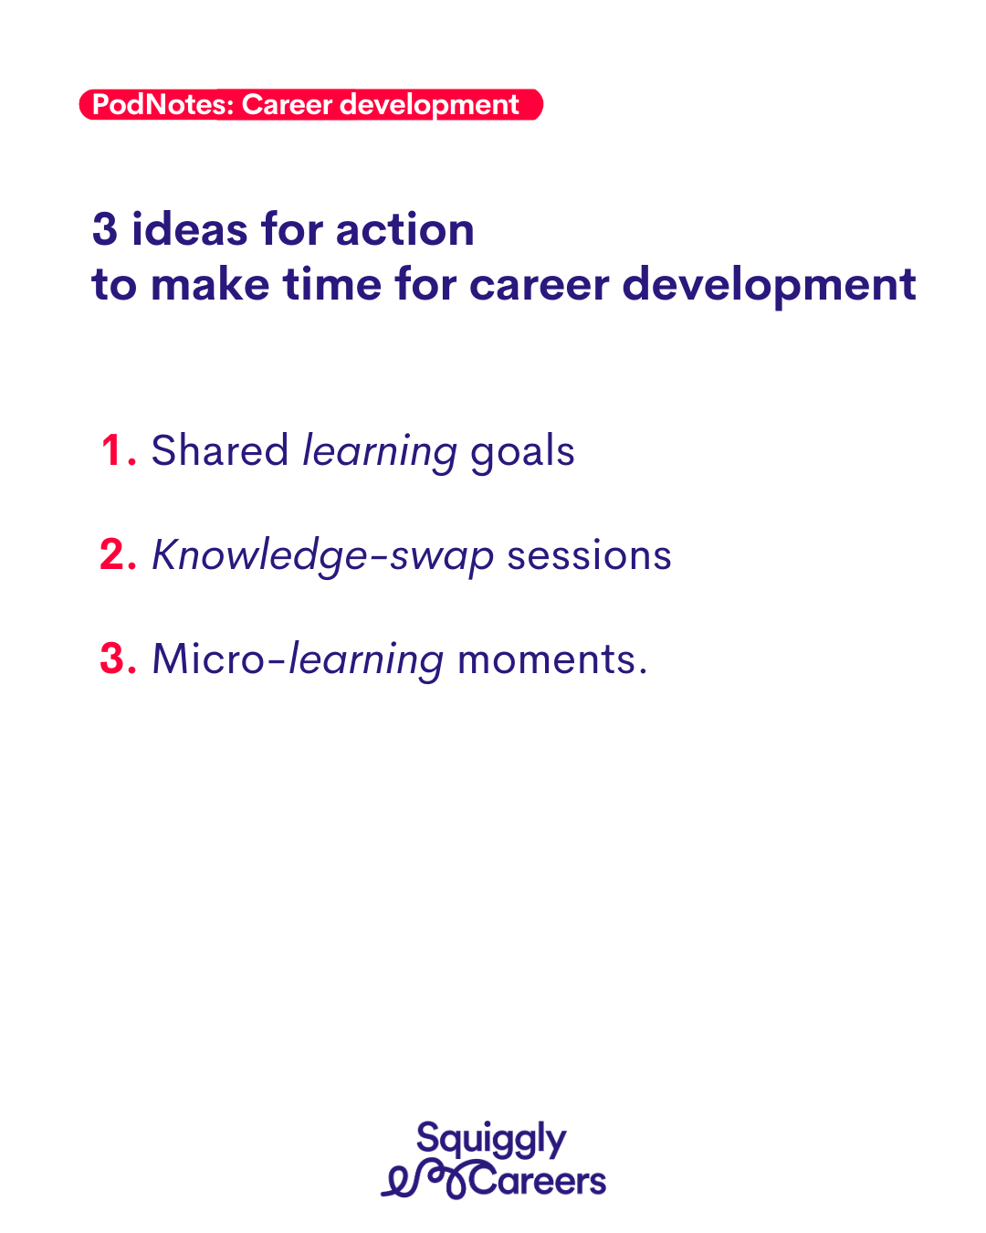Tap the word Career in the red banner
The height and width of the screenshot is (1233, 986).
point(287,105)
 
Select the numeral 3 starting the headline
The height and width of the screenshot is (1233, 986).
point(105,229)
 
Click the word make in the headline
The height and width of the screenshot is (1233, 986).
point(210,284)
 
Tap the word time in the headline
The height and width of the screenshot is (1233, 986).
point(332,284)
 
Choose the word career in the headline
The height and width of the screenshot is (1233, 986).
point(540,285)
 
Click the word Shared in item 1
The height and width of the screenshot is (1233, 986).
point(219,450)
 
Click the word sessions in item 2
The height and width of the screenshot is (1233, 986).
point(589,556)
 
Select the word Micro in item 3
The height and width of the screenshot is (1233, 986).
point(208,659)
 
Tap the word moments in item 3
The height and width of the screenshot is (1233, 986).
point(547,659)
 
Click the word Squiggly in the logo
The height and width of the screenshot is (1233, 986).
point(491,1140)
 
